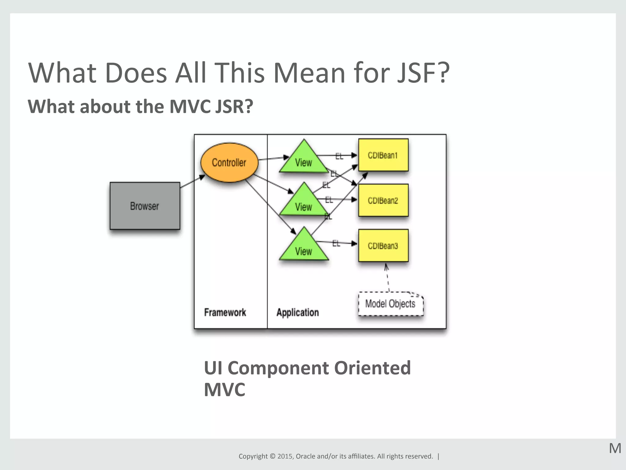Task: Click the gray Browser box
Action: tap(145, 206)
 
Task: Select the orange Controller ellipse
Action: tap(229, 162)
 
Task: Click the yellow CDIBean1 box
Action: tap(383, 155)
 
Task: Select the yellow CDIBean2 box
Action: tap(383, 200)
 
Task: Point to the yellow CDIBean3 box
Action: tap(383, 246)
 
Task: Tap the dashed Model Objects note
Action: tap(390, 304)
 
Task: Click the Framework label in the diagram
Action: tap(225, 312)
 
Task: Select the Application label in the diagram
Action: tap(297, 312)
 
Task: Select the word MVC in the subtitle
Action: tap(190, 106)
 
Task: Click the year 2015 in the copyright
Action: tap(285, 456)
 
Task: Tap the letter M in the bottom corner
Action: tap(615, 449)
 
